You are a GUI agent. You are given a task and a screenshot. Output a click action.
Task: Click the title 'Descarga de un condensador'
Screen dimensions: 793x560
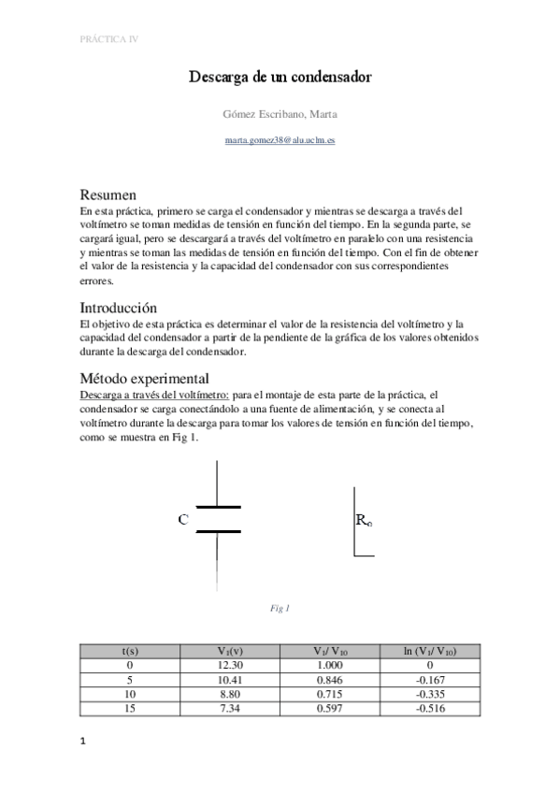280,77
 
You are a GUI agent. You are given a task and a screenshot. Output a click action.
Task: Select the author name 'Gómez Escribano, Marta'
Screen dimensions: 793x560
280,114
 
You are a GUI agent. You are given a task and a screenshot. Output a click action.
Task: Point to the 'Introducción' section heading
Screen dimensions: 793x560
118,308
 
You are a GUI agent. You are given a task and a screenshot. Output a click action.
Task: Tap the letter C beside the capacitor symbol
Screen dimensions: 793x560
183,519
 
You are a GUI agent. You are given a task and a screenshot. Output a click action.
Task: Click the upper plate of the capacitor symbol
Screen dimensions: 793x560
218,507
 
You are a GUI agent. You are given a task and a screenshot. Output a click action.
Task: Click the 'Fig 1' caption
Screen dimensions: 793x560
280,609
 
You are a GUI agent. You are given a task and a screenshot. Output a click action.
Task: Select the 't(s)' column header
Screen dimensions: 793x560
131,651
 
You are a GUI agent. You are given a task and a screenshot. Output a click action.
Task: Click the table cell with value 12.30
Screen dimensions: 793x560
230,665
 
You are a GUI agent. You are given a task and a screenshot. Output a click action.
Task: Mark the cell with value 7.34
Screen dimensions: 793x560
230,710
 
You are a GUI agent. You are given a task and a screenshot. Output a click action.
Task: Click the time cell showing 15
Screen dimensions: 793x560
131,710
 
